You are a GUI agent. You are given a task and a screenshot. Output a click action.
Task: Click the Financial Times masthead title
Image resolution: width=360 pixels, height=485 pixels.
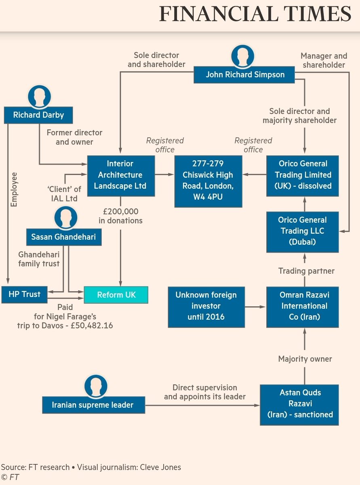255,14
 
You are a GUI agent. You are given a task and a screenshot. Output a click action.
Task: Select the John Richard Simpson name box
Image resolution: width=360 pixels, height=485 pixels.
245,75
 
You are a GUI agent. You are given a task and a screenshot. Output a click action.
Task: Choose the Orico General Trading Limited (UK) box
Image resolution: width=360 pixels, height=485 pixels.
302,175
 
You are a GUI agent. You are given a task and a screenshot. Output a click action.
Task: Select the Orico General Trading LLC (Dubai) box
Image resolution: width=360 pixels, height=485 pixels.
302,231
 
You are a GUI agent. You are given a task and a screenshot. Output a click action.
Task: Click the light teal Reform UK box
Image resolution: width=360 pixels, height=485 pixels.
116,295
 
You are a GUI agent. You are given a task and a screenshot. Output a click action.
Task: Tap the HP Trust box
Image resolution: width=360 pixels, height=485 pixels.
25,294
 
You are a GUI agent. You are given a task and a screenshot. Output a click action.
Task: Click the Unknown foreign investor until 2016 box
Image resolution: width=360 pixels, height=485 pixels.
206,306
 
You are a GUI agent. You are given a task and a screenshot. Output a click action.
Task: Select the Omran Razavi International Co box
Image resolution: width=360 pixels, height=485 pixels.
302,306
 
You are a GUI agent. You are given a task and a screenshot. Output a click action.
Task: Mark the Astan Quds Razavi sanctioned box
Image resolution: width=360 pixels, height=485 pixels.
299,404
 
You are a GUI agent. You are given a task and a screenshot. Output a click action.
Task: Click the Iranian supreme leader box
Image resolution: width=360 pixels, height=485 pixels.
93,405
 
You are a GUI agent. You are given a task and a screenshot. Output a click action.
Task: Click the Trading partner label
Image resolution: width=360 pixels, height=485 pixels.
306,271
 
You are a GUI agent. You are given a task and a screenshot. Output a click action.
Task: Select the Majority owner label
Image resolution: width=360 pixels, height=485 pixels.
305,359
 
